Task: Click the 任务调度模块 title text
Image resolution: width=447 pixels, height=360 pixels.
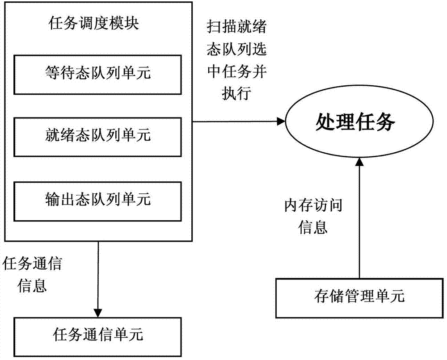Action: coord(93,24)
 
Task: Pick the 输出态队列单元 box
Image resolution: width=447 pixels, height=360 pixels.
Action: coord(98,199)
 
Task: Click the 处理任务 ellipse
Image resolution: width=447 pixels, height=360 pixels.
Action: coord(355,121)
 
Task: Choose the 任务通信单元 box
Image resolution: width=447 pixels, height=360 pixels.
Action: coord(98,334)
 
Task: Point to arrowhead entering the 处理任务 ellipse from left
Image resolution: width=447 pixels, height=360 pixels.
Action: coord(281,121)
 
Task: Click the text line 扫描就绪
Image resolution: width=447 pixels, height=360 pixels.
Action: coord(237,28)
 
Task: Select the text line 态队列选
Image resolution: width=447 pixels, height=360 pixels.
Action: coord(237,50)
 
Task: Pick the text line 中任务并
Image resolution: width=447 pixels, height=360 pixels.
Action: coord(237,72)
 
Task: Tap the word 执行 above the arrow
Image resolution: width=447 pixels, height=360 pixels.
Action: coord(236,94)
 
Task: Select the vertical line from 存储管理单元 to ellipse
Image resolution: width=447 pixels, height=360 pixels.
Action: coord(359,223)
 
